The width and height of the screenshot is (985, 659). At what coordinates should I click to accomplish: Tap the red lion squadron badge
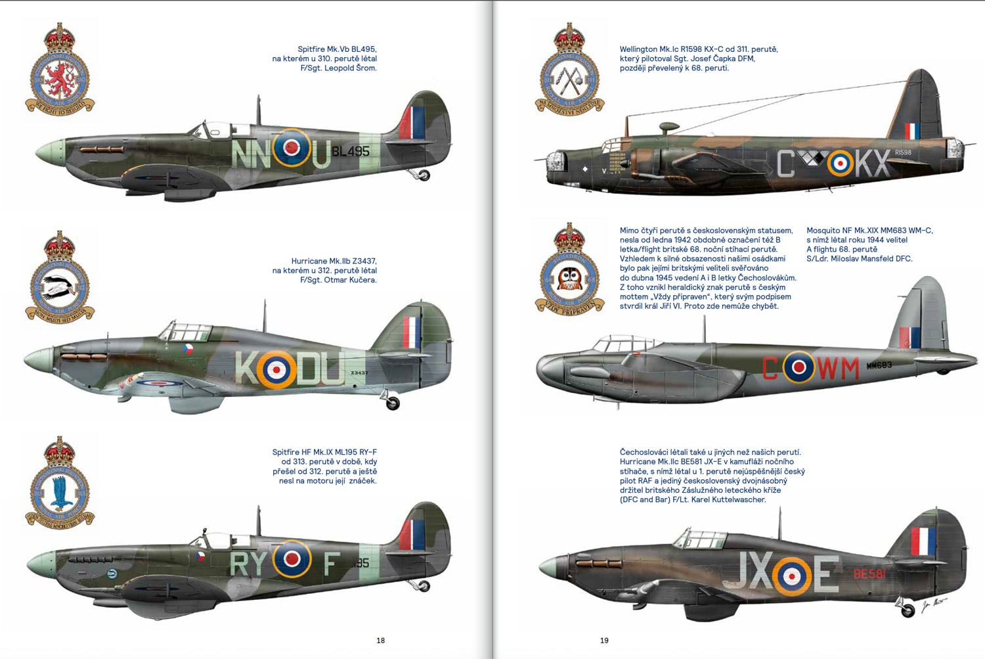pyautogui.click(x=60, y=70)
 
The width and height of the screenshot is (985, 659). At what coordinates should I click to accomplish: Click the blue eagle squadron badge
pyautogui.click(x=60, y=485)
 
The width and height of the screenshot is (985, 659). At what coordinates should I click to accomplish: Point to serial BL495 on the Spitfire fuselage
pyautogui.click(x=351, y=151)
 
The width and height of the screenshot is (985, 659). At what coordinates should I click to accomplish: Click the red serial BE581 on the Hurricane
pyautogui.click(x=869, y=574)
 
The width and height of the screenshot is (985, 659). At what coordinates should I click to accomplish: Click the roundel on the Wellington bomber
pyautogui.click(x=840, y=164)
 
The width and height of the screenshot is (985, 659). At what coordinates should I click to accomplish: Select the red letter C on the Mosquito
pyautogui.click(x=770, y=368)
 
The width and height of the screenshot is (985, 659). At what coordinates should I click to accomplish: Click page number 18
pyautogui.click(x=381, y=641)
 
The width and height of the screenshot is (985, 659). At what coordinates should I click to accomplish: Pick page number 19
pyautogui.click(x=605, y=641)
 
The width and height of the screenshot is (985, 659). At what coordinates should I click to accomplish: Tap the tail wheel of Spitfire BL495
pyautogui.click(x=424, y=175)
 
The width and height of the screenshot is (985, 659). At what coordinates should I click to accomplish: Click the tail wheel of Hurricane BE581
pyautogui.click(x=908, y=611)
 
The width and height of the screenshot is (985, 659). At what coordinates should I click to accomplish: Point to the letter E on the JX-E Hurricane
pyautogui.click(x=826, y=574)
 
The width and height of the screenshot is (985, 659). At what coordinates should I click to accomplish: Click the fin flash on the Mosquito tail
pyautogui.click(x=909, y=337)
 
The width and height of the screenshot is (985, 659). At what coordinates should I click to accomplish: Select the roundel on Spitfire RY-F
pyautogui.click(x=292, y=559)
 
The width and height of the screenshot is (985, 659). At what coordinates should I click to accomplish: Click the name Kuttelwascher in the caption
pyautogui.click(x=737, y=500)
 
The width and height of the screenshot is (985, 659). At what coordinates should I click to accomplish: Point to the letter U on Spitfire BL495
pyautogui.click(x=320, y=156)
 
